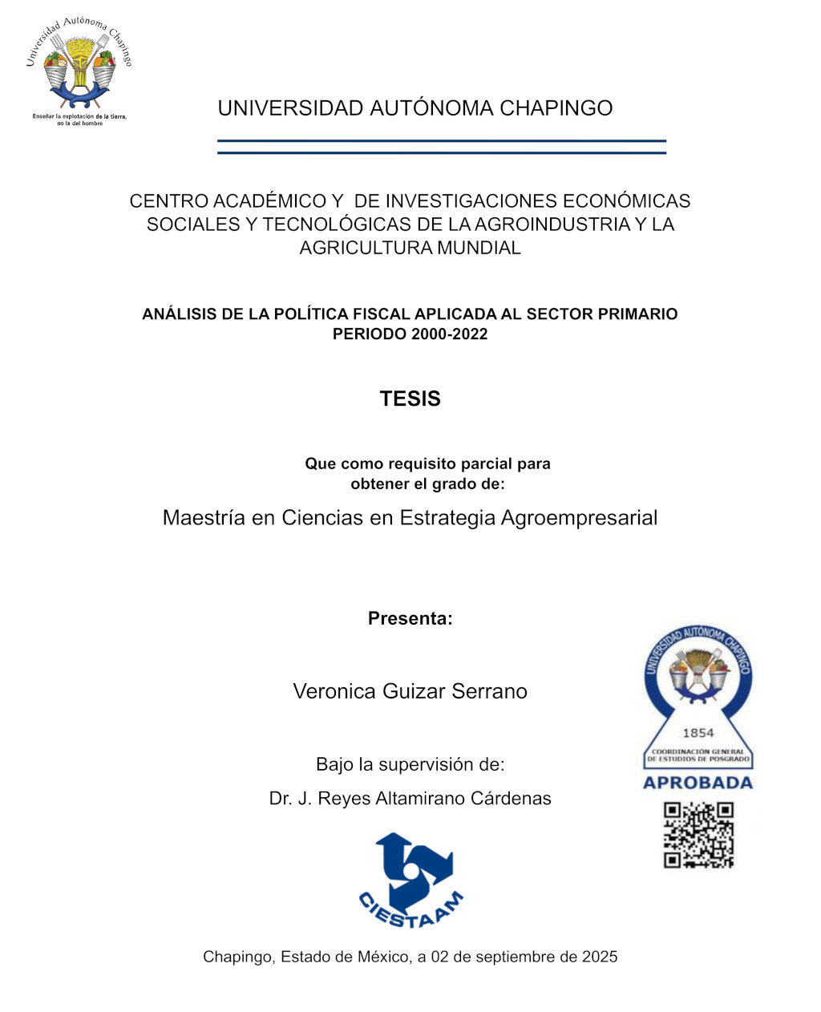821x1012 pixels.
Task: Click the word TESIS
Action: point(410,399)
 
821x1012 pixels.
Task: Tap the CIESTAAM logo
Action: point(410,880)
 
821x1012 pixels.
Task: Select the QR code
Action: point(698,836)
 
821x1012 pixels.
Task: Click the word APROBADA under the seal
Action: point(698,783)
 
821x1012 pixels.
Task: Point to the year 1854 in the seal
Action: point(698,732)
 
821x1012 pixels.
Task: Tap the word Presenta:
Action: point(410,618)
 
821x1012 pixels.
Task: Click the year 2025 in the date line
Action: point(600,957)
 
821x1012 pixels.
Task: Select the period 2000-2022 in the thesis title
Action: point(449,334)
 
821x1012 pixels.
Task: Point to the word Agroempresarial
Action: point(579,518)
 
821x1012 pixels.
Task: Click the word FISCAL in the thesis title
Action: point(381,314)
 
